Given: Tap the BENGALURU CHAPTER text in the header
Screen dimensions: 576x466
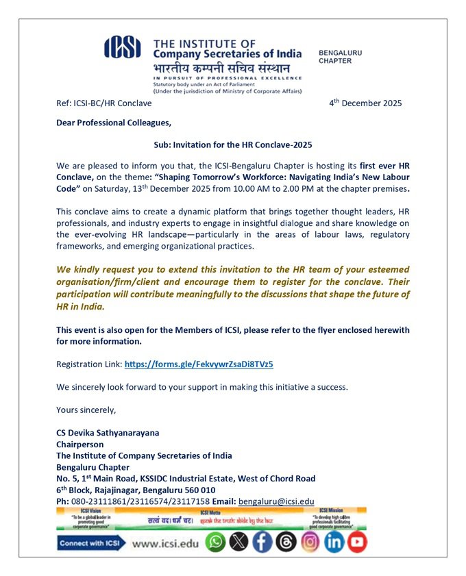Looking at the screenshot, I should click(x=340, y=56).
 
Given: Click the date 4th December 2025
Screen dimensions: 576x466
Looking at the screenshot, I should click(x=365, y=103).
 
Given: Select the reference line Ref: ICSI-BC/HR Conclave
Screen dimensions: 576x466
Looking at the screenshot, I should click(x=104, y=103).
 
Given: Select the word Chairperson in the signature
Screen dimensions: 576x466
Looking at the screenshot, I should click(x=79, y=444).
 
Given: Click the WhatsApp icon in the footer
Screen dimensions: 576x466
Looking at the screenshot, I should click(x=216, y=542).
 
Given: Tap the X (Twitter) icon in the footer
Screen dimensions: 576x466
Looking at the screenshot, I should click(x=238, y=542).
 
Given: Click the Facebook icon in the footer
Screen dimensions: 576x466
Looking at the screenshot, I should click(x=262, y=542).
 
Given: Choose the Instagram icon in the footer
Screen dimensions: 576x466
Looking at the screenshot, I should click(x=310, y=542).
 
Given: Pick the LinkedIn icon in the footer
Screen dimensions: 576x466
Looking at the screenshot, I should click(x=334, y=542).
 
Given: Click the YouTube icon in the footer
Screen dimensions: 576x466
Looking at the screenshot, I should click(x=357, y=542).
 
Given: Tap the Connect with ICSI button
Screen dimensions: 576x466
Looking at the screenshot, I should click(x=90, y=543).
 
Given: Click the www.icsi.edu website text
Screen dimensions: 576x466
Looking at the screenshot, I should click(x=164, y=543).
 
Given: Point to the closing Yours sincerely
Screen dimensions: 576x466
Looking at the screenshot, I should click(x=86, y=410).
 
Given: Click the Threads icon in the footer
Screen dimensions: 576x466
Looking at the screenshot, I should click(x=286, y=542).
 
